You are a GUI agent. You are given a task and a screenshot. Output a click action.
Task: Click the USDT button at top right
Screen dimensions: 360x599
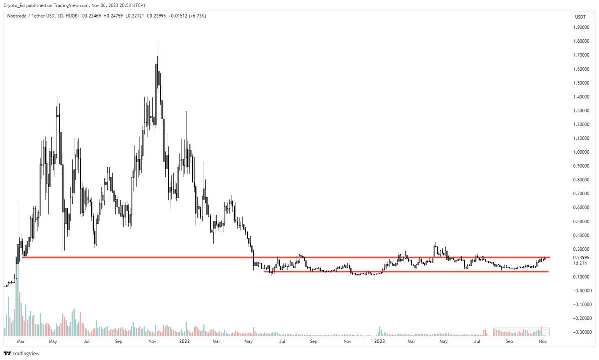pos(580,17)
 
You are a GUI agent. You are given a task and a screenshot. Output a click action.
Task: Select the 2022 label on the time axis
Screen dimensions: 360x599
pos(184,342)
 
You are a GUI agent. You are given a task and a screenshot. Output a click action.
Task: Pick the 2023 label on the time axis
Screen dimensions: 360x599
pos(380,342)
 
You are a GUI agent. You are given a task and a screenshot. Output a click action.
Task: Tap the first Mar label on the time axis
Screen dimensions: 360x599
pos(21,342)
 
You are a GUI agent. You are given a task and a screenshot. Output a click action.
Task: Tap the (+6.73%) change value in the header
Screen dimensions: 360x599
pos(195,16)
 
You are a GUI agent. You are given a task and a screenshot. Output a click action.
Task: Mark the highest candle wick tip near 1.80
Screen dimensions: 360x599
pos(159,43)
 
